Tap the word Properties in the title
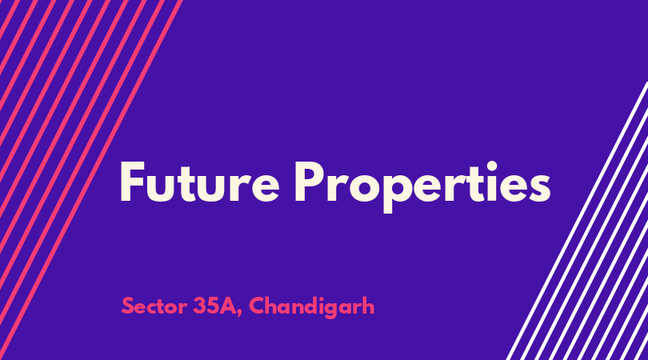(422, 186)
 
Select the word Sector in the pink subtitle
(154, 306)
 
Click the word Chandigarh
(312, 307)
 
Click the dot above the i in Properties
(491, 166)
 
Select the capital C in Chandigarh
(257, 306)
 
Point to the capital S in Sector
(128, 306)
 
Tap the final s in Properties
(539, 188)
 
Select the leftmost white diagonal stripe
(577, 221)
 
